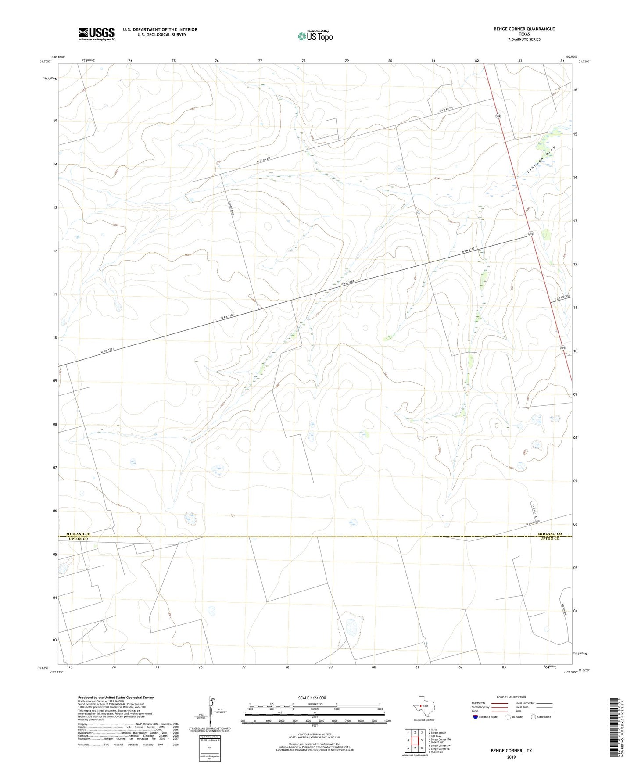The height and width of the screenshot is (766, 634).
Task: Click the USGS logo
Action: (x=97, y=34)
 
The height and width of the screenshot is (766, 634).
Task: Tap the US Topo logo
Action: (x=315, y=36)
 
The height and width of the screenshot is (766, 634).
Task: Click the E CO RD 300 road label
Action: (x=561, y=297)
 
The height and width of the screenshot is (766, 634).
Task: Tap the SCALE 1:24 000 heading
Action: (x=312, y=698)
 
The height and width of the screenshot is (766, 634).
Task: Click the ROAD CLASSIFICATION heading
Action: (x=511, y=697)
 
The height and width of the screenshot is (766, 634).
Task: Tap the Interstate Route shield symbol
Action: (x=476, y=717)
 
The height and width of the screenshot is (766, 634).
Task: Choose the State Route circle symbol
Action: (x=533, y=717)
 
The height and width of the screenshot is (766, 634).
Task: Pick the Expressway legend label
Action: (x=478, y=703)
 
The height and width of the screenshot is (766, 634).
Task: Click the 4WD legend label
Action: (x=519, y=711)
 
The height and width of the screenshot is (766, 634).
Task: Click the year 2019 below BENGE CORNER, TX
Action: (x=511, y=757)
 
